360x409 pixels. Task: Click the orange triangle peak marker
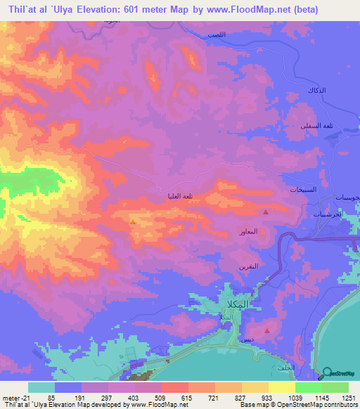pyautogui.click(x=133, y=222)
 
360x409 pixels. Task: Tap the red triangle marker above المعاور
pyautogui.click(x=266, y=212)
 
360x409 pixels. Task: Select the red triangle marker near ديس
pyautogui.click(x=266, y=330)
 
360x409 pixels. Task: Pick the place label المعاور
pyautogui.click(x=252, y=231)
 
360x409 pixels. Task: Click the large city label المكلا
pyautogui.click(x=234, y=304)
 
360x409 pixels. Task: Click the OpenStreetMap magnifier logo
pyautogui.click(x=328, y=375)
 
